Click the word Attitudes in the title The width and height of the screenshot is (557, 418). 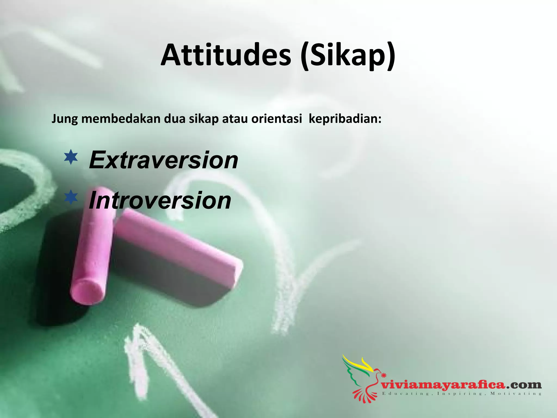point(226,55)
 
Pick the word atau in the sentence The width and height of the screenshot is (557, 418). point(235,119)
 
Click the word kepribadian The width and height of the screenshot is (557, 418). point(345,119)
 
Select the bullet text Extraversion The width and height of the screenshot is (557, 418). point(163,160)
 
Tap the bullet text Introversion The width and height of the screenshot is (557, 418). point(160,201)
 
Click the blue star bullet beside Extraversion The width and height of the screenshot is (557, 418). point(71,157)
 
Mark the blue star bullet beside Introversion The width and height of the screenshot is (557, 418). point(71,198)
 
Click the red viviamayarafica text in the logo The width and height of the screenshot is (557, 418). point(443,385)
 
